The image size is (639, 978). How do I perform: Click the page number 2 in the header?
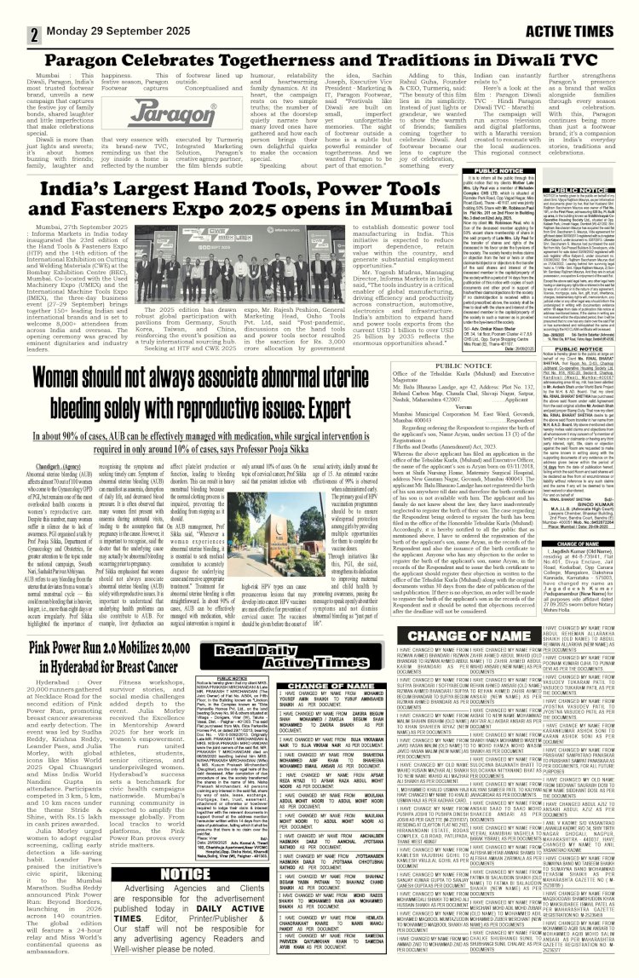(12, 12)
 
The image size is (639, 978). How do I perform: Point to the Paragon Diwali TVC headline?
(319, 59)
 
